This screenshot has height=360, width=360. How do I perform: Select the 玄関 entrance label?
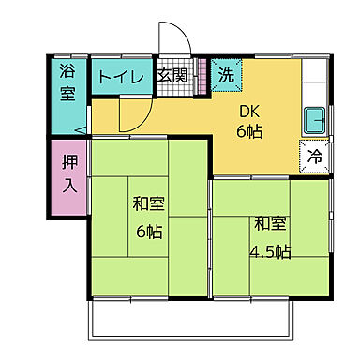(172, 76)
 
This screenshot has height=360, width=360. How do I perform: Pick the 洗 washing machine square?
(226, 73)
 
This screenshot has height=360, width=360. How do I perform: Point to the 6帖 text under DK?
(249, 131)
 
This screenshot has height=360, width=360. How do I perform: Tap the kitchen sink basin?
(315, 121)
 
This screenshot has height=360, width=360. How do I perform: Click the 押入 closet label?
(69, 174)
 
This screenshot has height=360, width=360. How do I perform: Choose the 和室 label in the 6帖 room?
(148, 203)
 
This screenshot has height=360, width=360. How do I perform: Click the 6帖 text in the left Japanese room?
(148, 230)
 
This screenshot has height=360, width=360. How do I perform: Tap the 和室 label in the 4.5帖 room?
(269, 225)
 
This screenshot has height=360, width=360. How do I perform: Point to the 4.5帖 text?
(270, 251)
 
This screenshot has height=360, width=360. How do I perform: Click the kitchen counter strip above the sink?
(315, 90)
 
